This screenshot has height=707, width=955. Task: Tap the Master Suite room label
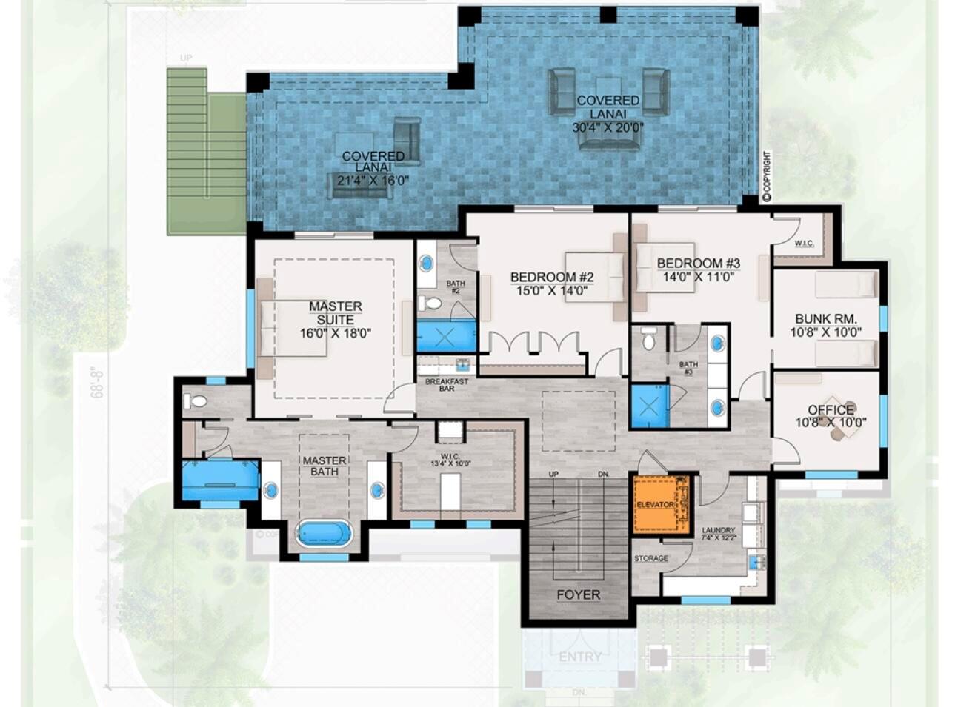click(x=335, y=312)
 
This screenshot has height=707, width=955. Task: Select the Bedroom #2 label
click(x=551, y=278)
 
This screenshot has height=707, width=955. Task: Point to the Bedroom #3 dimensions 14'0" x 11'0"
click(x=698, y=277)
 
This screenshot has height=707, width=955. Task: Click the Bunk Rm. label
click(x=825, y=319)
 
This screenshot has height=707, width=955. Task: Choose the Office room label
click(x=831, y=409)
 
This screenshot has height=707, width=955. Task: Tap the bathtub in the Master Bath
click(x=325, y=533)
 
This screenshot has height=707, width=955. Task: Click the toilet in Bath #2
click(x=430, y=303)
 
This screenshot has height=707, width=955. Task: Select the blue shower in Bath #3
click(x=649, y=406)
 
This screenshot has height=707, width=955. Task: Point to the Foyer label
click(x=579, y=594)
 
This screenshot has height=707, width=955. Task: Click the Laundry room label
click(x=718, y=530)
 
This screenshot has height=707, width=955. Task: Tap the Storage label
click(x=650, y=558)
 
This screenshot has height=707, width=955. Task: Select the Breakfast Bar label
click(x=446, y=385)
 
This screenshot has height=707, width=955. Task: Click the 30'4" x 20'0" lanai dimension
click(x=608, y=127)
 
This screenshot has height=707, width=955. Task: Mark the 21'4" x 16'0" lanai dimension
click(x=373, y=181)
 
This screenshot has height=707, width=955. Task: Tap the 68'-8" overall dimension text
click(x=95, y=383)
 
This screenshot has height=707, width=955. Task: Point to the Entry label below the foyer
click(x=579, y=657)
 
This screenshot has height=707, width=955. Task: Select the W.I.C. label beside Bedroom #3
click(x=805, y=243)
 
